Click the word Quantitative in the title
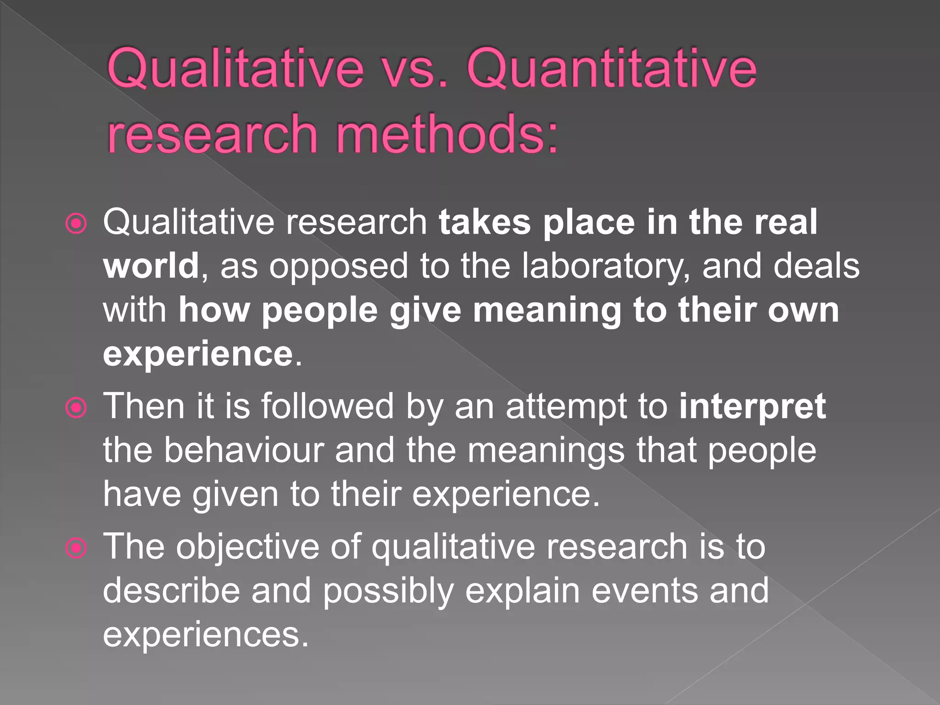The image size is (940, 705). point(611,69)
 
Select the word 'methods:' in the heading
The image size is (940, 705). point(447,134)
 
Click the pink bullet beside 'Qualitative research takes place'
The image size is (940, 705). point(76,224)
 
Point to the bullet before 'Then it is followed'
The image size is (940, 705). point(76,408)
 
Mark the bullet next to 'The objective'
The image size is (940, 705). point(76,548)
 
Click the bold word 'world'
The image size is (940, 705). point(151,266)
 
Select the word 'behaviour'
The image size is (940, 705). point(244,450)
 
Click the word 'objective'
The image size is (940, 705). point(247,548)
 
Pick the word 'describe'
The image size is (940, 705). point(171,591)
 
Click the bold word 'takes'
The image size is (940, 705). point(485,222)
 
